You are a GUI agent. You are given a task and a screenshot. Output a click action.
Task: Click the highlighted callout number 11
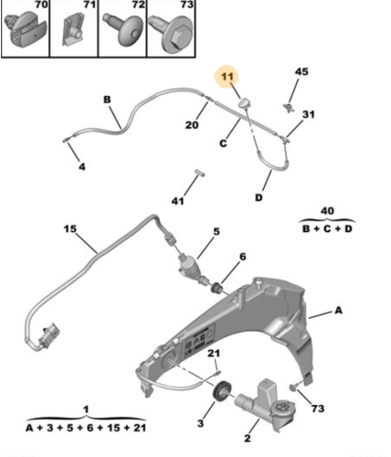227,76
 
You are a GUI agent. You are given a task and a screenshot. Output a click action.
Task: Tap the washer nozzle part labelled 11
244,103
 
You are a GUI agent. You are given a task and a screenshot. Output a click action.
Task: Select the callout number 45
301,71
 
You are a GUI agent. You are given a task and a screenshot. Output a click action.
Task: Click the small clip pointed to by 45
288,108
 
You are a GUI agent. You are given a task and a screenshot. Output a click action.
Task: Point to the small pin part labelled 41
200,173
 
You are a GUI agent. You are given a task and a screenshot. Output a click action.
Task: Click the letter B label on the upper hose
107,100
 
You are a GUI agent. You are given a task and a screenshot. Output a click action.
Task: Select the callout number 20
192,124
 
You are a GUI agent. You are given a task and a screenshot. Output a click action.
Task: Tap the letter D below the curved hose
259,197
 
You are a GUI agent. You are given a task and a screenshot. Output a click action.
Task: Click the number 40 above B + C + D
327,210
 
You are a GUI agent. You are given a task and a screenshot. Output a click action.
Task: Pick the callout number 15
70,228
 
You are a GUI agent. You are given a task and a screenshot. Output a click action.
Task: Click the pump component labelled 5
188,265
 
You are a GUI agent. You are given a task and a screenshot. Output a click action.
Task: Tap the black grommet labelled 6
217,288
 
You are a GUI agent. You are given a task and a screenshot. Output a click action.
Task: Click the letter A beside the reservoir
339,310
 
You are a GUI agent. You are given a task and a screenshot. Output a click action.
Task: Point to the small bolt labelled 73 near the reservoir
292,388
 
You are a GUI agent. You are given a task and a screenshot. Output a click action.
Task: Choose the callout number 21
214,353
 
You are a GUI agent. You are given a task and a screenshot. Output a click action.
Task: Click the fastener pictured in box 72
123,30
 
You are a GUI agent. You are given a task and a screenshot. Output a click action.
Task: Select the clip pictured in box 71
73,29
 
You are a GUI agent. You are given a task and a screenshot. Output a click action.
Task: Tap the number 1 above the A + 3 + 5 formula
86,409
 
